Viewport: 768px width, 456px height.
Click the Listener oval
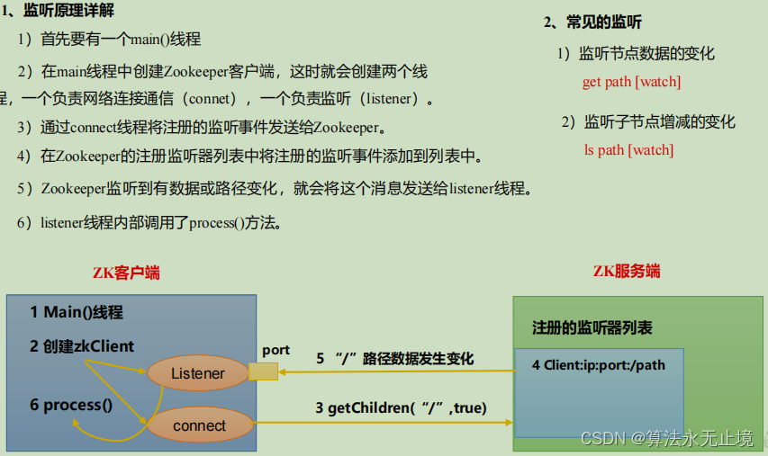(x=198, y=373)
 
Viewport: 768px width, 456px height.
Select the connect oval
(x=199, y=424)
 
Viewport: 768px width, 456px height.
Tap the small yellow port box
(x=263, y=371)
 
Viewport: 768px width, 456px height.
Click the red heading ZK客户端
(x=126, y=273)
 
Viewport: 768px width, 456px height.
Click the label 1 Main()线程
(x=77, y=313)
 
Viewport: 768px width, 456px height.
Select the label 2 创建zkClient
(x=81, y=346)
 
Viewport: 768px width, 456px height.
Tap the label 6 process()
(x=71, y=405)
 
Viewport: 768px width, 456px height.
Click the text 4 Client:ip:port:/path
(x=598, y=365)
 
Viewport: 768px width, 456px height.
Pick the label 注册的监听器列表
(x=592, y=327)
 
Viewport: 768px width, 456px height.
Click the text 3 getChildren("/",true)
(x=401, y=408)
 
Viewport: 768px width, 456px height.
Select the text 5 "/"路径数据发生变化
(x=394, y=359)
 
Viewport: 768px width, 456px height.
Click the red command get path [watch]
(x=631, y=82)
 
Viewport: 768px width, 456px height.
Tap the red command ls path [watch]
(x=628, y=150)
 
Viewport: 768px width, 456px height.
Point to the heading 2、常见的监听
(x=593, y=22)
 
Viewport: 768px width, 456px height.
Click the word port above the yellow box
(x=276, y=349)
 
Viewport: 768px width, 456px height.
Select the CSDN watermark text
(x=666, y=438)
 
